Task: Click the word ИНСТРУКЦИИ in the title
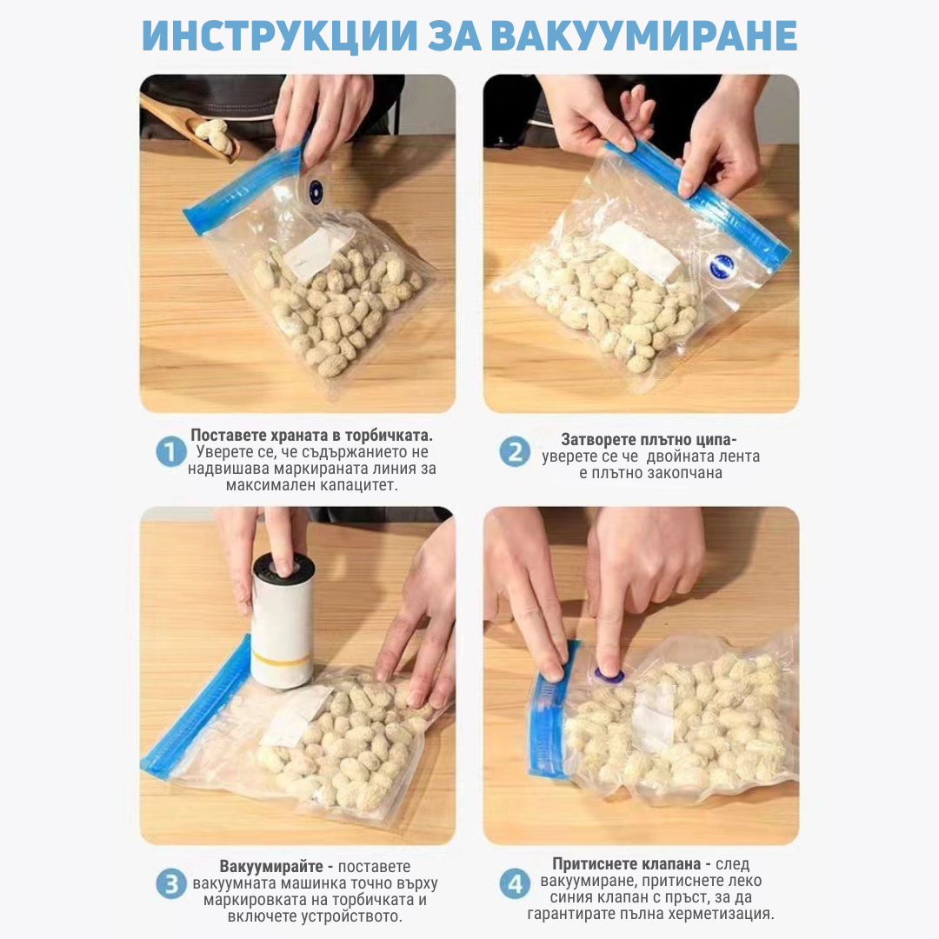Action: (x=280, y=36)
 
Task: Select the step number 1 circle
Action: (x=170, y=451)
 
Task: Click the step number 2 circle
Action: (x=515, y=451)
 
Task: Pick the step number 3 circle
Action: (x=170, y=884)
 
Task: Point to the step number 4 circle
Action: (x=515, y=884)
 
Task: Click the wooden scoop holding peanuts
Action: (x=190, y=128)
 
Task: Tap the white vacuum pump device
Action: (x=282, y=620)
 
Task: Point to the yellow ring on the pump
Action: (x=281, y=660)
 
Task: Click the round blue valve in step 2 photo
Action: (x=720, y=265)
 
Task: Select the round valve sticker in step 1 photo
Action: (x=316, y=191)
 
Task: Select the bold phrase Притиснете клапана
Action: (x=626, y=863)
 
